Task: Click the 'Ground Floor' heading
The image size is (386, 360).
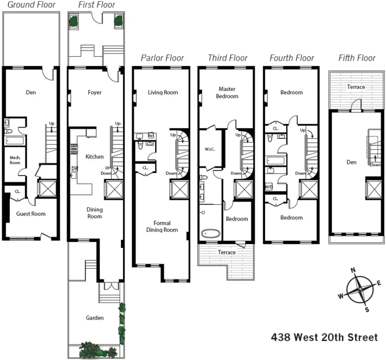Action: click(x=31, y=5)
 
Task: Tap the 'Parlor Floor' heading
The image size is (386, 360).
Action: click(x=162, y=58)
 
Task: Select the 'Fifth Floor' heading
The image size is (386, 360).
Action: click(x=357, y=58)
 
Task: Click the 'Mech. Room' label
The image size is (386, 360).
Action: click(x=15, y=160)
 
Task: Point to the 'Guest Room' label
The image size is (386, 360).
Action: click(x=31, y=214)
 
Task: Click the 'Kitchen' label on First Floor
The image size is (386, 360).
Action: click(x=94, y=157)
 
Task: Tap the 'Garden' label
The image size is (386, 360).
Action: click(x=94, y=318)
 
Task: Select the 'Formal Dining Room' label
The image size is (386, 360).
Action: click(x=162, y=226)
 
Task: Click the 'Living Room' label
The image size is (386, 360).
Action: click(x=163, y=93)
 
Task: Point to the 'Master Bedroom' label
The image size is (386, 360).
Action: click(x=227, y=92)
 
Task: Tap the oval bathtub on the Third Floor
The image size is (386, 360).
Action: click(x=210, y=234)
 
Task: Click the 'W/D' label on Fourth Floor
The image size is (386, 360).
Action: click(x=269, y=186)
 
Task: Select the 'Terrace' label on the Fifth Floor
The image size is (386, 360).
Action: click(x=356, y=87)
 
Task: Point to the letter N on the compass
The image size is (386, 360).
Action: click(x=353, y=270)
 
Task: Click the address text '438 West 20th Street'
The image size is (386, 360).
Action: click(x=324, y=337)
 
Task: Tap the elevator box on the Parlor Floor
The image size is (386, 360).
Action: click(x=179, y=189)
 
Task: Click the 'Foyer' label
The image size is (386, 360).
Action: click(x=94, y=93)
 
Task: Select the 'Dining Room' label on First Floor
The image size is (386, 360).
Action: click(x=94, y=213)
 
